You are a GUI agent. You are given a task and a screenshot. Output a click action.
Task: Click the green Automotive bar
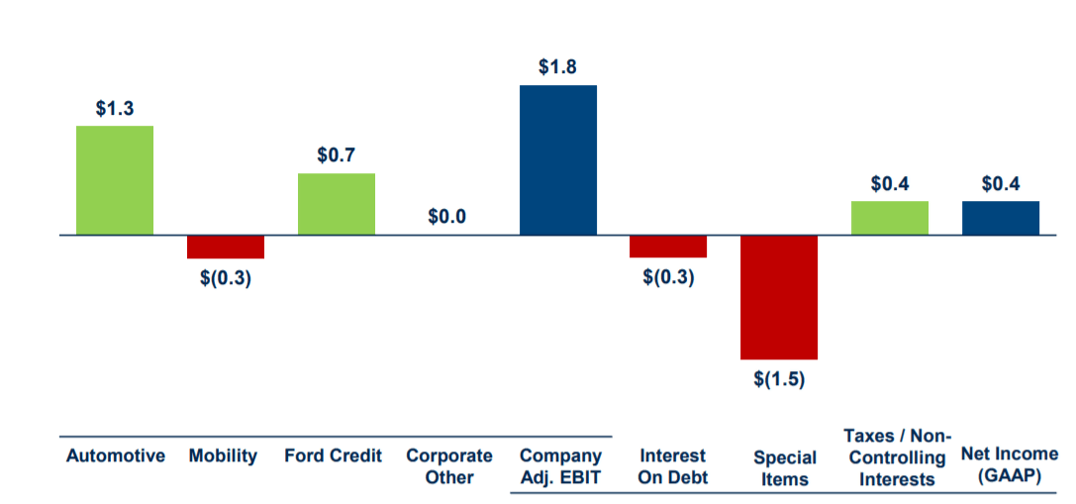point(115,180)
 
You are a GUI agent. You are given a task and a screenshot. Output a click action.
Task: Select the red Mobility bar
point(226,247)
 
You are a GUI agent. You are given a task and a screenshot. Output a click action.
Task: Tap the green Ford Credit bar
point(337,204)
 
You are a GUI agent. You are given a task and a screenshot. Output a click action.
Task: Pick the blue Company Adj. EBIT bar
point(558,159)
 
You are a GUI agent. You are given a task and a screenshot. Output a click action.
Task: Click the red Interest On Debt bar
point(668,247)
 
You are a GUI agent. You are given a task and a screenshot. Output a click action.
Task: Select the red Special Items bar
point(779,297)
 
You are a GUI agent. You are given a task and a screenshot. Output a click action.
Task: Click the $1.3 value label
point(115,109)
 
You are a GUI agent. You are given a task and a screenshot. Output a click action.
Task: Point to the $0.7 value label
point(337,156)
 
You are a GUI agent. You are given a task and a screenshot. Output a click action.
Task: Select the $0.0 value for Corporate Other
point(446,217)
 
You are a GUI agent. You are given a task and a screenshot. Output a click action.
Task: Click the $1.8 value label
point(558,68)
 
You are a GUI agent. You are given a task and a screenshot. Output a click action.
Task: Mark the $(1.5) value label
point(779,379)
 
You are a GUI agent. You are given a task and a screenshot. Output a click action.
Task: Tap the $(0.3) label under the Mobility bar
point(226,278)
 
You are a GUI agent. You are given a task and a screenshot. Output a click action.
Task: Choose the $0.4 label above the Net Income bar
point(1001,184)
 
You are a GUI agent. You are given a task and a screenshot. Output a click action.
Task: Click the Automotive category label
point(115,456)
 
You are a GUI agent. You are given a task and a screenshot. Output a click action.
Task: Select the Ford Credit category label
point(333,456)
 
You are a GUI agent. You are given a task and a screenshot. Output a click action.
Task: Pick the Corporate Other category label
point(449,466)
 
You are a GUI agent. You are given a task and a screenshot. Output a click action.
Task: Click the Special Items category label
point(785,468)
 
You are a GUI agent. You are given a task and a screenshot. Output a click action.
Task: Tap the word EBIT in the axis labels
point(579,478)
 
